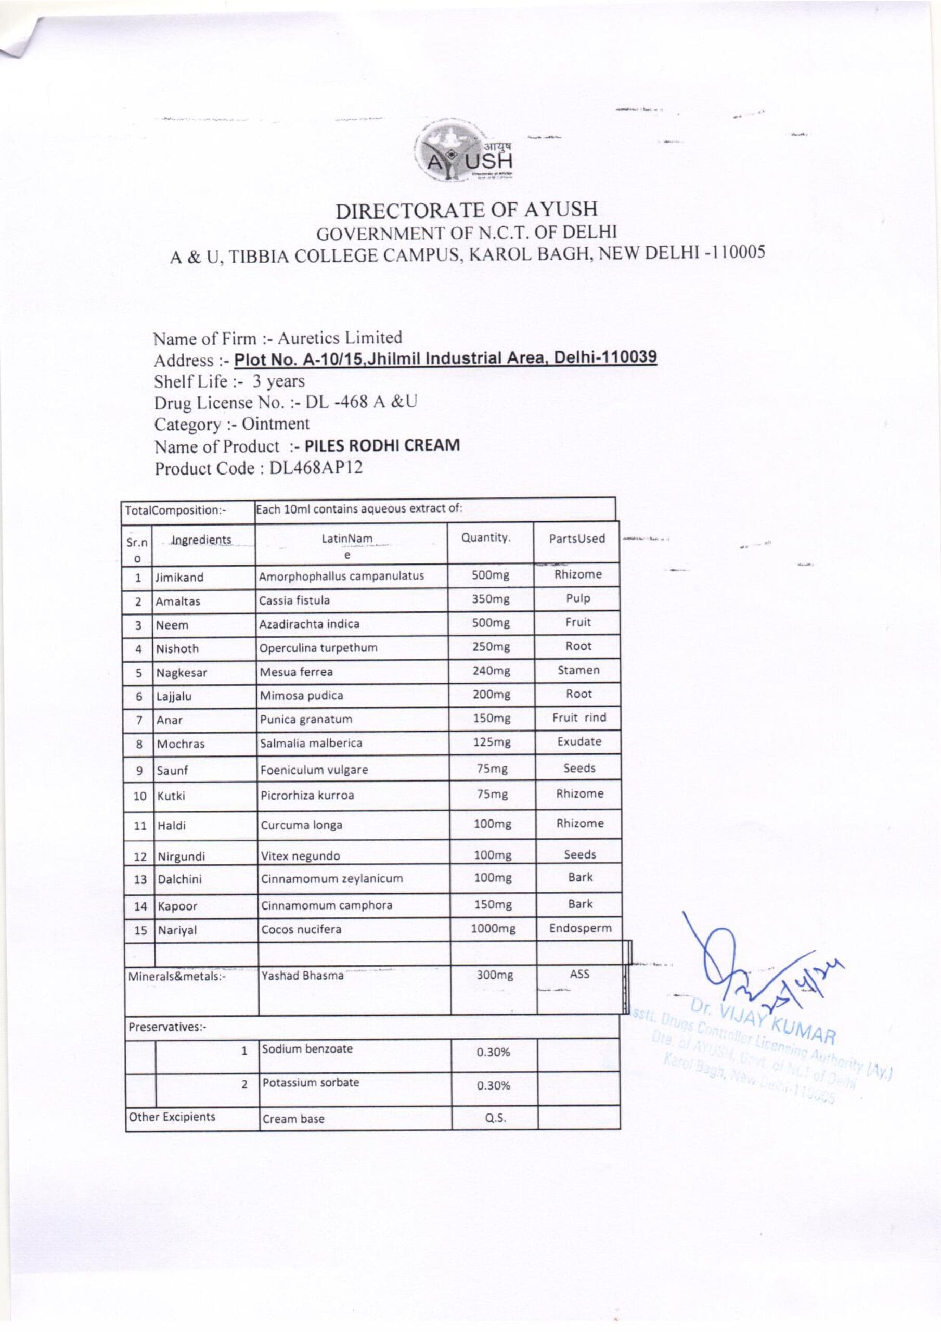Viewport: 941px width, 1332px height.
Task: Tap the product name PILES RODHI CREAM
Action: [382, 445]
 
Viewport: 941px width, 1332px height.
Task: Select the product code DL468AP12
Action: [316, 468]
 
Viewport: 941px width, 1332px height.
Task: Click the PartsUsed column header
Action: [577, 539]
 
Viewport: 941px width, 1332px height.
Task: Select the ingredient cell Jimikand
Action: [179, 577]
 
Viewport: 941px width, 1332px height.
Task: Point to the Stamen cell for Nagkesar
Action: [578, 670]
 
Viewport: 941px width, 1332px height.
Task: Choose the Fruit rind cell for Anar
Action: [579, 718]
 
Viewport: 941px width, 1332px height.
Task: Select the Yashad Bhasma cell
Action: [303, 976]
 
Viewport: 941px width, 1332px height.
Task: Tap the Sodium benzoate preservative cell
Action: [307, 1049]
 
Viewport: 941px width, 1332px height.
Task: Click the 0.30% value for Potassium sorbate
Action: [493, 1085]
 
